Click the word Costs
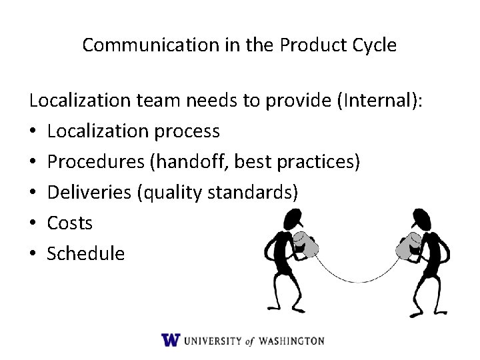(x=70, y=223)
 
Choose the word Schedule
(x=85, y=253)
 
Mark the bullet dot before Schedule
(x=33, y=254)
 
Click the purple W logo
(x=170, y=340)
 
